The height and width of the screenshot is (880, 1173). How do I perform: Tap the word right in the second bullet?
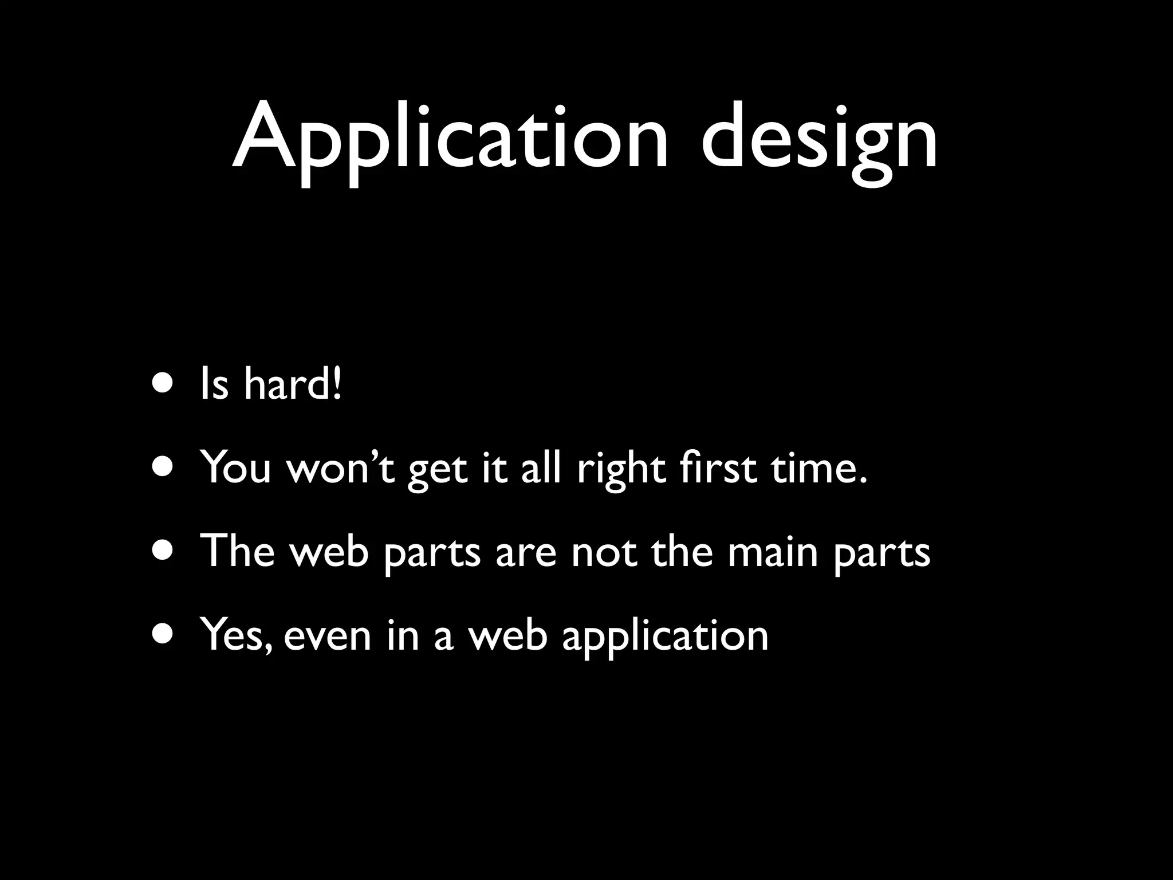pos(621,467)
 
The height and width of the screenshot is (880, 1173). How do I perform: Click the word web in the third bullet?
pos(329,551)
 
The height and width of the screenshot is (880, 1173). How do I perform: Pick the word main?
pos(773,551)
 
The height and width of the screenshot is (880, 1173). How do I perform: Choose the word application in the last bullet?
pos(665,636)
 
